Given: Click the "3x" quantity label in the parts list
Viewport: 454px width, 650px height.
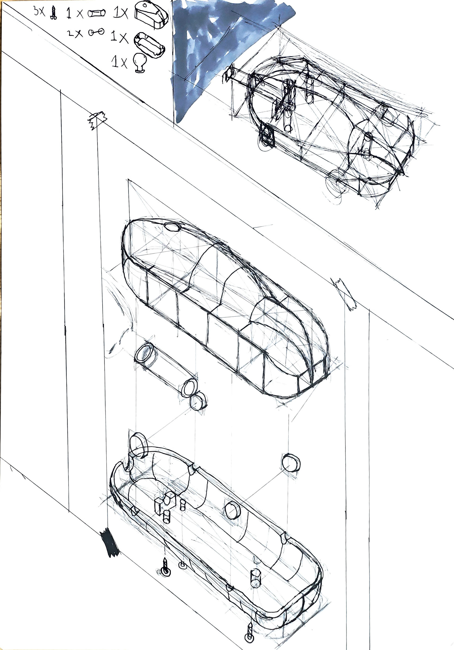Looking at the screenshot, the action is [x=39, y=11].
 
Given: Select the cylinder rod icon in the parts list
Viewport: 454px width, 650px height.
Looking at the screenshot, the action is [x=96, y=13].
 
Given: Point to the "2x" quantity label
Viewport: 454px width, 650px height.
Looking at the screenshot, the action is [x=75, y=33].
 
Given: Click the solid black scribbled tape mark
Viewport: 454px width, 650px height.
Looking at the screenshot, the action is [x=109, y=542].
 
